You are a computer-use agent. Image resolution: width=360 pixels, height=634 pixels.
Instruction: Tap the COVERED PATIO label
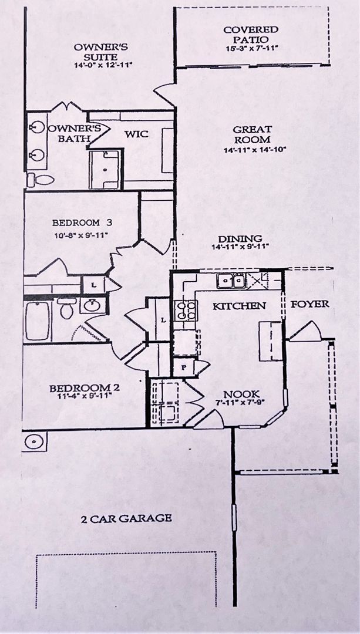click(x=251, y=34)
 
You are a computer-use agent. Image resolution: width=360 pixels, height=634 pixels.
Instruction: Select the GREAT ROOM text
click(x=251, y=134)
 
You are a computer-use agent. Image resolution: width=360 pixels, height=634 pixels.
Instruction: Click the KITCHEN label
click(x=239, y=306)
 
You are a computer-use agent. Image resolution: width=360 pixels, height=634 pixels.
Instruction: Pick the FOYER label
click(x=310, y=304)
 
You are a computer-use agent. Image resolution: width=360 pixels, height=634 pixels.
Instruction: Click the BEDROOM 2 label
click(x=80, y=388)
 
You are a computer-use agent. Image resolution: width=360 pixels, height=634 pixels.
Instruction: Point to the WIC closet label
click(x=136, y=134)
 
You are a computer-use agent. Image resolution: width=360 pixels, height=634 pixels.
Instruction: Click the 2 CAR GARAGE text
click(x=127, y=518)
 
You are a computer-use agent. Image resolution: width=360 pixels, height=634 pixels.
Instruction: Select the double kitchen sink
click(x=231, y=281)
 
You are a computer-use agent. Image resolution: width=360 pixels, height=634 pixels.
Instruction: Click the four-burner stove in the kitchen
click(x=186, y=309)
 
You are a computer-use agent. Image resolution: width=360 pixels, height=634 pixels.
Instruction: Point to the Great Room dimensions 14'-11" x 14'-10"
click(x=251, y=150)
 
